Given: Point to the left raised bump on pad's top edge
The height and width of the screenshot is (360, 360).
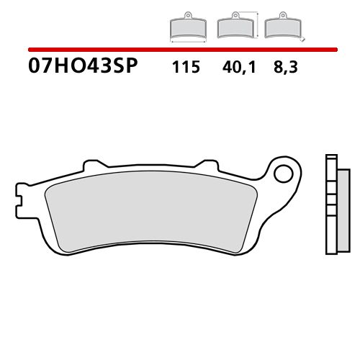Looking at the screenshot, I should click(91, 165).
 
